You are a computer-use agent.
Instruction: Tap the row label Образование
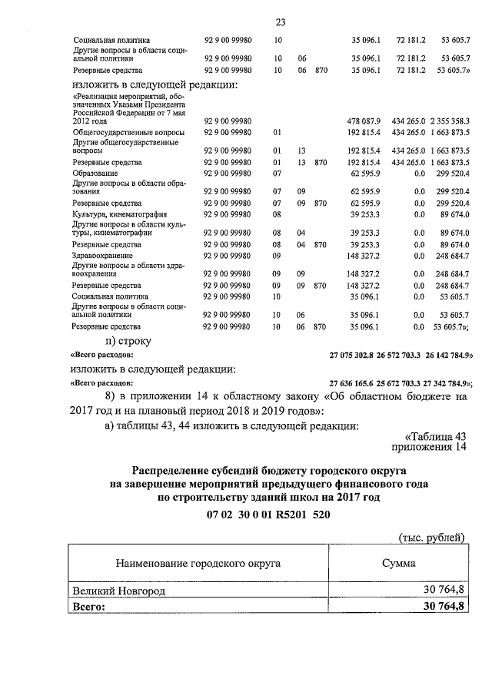tap(95, 174)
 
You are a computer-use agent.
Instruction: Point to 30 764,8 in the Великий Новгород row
tap(444, 591)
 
